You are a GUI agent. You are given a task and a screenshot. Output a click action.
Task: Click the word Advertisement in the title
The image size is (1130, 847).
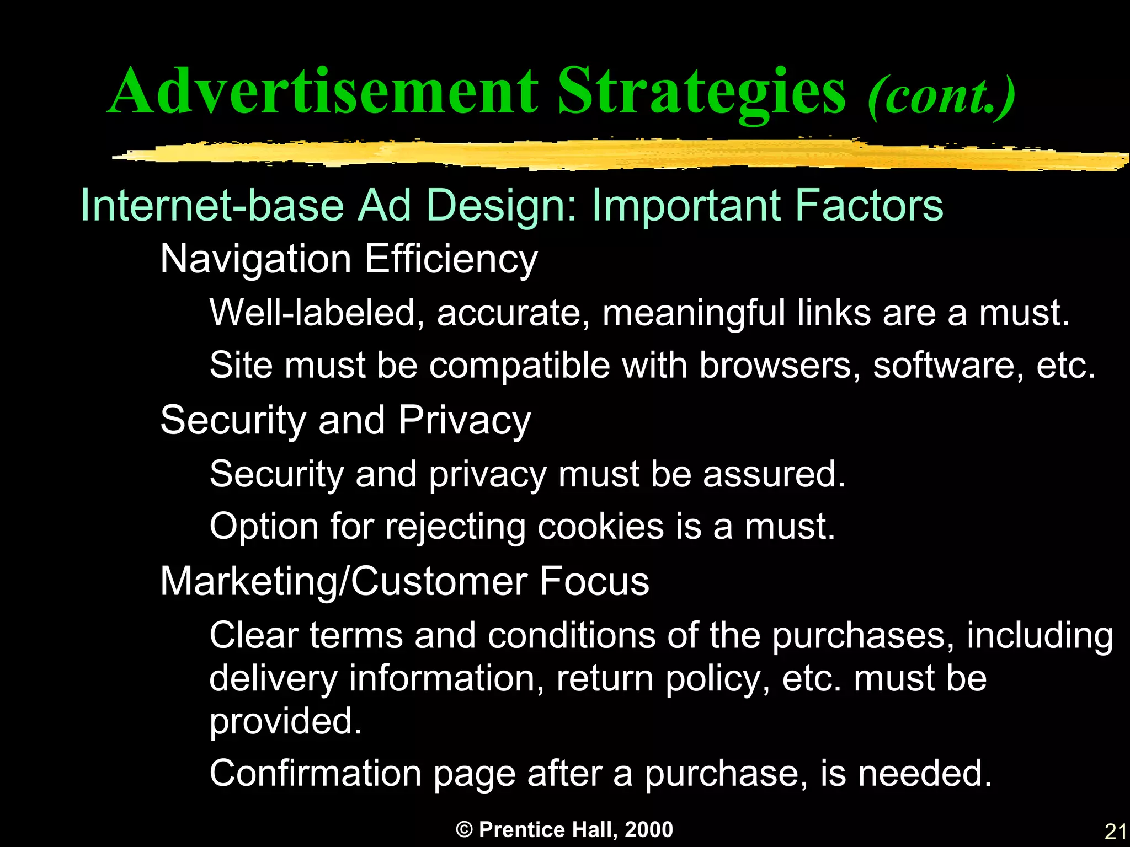[x=323, y=91]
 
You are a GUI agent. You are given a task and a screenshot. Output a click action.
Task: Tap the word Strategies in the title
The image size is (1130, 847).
[x=701, y=91]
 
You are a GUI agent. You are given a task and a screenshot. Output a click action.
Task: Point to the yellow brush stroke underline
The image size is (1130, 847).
[x=618, y=154]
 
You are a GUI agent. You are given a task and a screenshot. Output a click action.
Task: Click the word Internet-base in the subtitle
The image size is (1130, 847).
[x=212, y=205]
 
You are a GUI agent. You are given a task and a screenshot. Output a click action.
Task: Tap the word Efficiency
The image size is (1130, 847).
[x=451, y=259]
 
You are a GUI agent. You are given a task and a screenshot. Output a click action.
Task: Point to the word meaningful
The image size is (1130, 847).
[x=693, y=313]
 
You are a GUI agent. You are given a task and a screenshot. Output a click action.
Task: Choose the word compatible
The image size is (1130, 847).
[x=519, y=365]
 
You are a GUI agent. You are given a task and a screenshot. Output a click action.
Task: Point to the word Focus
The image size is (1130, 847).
[x=594, y=582]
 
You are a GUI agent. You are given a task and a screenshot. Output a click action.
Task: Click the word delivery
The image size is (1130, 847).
[x=273, y=678]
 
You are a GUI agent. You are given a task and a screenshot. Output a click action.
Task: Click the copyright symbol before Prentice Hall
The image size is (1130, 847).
[x=465, y=830]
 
